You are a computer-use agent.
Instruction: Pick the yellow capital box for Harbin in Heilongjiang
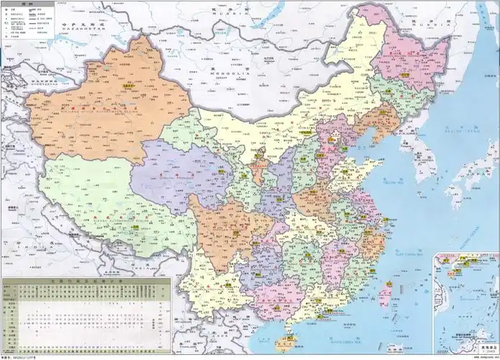[405, 75]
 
